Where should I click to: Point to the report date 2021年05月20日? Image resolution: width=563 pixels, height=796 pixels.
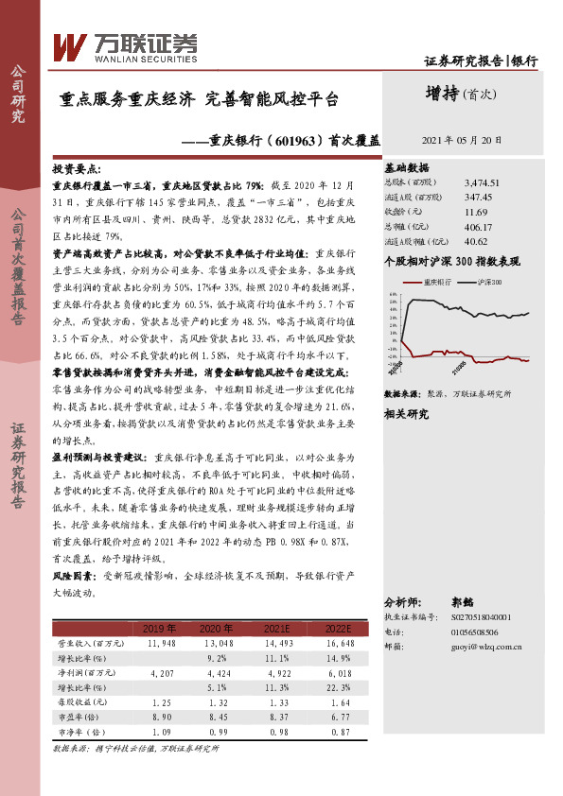pos(464,138)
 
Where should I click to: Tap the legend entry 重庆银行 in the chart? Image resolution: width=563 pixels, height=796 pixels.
pos(436,282)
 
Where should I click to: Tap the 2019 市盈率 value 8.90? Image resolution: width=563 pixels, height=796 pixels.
pos(161,719)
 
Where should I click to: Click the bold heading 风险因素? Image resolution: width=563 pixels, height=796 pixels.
pos(74,574)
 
